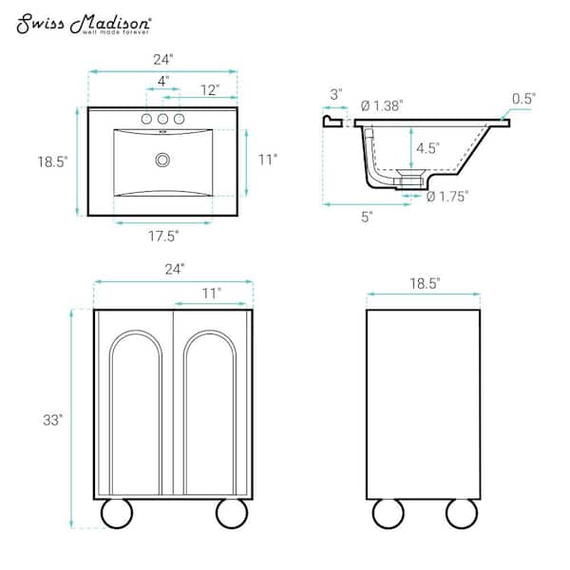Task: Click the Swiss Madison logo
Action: (x=84, y=24)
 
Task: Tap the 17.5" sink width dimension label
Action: (x=163, y=237)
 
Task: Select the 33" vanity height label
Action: (x=52, y=420)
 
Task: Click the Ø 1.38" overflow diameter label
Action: (x=382, y=105)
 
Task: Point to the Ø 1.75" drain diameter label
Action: (x=447, y=197)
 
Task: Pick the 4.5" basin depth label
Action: (x=427, y=148)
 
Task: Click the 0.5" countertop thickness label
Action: (x=523, y=99)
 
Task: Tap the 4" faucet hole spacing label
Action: (x=163, y=81)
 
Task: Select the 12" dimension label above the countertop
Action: (x=210, y=90)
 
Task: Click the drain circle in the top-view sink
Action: (x=162, y=160)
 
